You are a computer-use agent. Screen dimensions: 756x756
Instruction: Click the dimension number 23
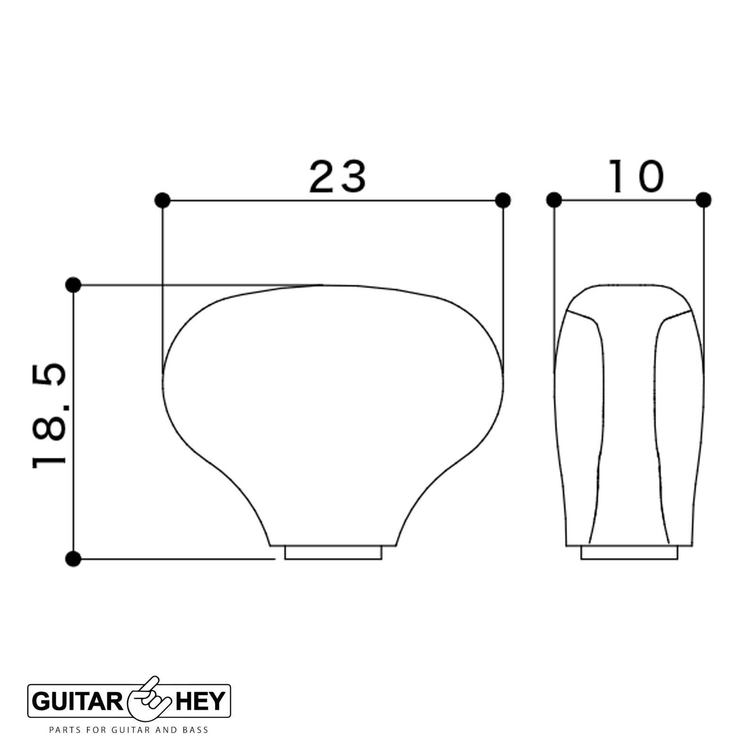337,177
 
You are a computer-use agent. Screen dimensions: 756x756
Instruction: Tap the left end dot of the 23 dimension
163,200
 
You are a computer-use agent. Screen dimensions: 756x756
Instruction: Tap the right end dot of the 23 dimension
503,200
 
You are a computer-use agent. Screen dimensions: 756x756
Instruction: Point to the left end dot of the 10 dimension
554,200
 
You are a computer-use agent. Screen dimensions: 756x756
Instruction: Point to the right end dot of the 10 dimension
704,200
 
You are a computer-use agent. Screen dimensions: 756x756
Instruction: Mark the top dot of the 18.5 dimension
73,285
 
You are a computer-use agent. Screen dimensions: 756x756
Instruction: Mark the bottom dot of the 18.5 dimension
73,559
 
